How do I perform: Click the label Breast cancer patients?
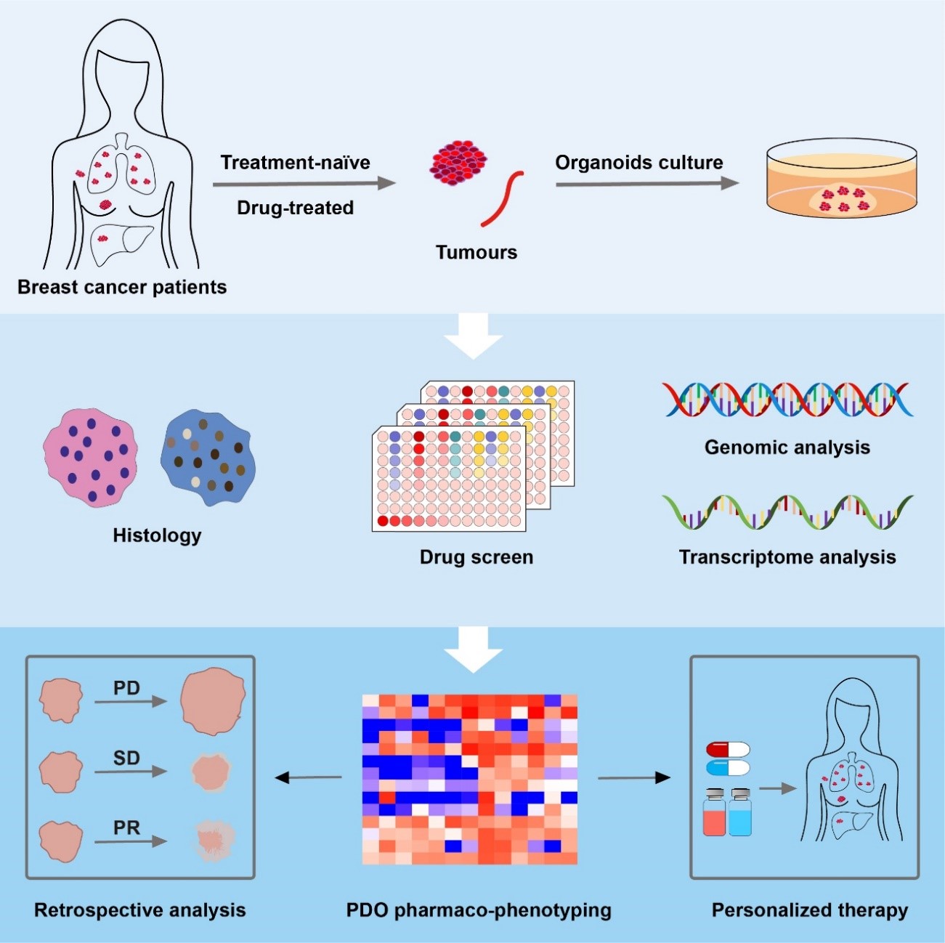pyautogui.click(x=122, y=287)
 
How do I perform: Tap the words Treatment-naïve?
pyautogui.click(x=295, y=162)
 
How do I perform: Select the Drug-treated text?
pyautogui.click(x=295, y=208)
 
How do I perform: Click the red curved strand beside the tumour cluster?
pyautogui.click(x=502, y=198)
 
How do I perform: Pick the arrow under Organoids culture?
pyautogui.click(x=646, y=184)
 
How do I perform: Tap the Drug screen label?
pyautogui.click(x=476, y=557)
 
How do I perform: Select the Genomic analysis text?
pyautogui.click(x=787, y=447)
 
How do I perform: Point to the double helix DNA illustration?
pyautogui.click(x=787, y=400)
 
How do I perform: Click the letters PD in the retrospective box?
pyautogui.click(x=126, y=687)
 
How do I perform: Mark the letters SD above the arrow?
pyautogui.click(x=126, y=758)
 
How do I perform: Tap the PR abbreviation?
pyautogui.click(x=126, y=827)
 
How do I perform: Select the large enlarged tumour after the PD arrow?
pyautogui.click(x=213, y=700)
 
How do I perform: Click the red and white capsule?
pyautogui.click(x=728, y=749)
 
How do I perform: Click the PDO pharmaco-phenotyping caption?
pyautogui.click(x=479, y=910)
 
